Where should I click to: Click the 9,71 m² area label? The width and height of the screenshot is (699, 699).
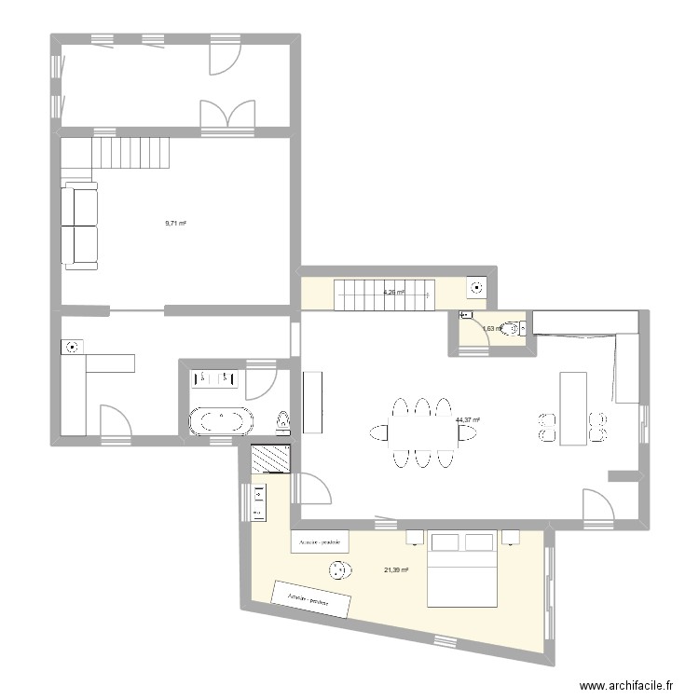175,224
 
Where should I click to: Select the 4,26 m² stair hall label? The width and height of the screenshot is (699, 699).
393,292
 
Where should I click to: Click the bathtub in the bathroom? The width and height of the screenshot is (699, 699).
221,421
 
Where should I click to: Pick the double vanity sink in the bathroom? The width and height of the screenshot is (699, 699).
215,378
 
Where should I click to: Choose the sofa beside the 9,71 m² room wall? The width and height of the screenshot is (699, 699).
80,226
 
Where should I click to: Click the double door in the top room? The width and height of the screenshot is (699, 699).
227,113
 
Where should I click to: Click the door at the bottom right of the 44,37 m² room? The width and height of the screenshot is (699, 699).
595,505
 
